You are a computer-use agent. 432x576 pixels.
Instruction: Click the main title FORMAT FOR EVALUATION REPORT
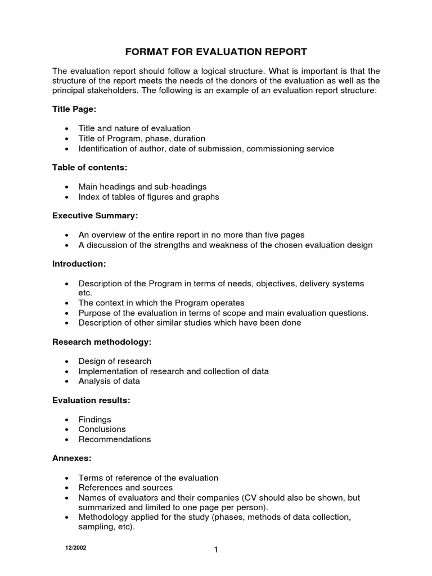pyautogui.click(x=215, y=52)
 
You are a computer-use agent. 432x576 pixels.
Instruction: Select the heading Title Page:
pyautogui.click(x=70, y=109)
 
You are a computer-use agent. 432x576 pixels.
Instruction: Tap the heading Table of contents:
pyautogui.click(x=90, y=167)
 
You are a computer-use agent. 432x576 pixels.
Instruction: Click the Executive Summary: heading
pyautogui.click(x=95, y=215)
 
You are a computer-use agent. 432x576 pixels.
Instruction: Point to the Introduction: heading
pyautogui.click(x=79, y=264)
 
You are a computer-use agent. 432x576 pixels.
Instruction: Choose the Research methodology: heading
pyautogui.click(x=102, y=341)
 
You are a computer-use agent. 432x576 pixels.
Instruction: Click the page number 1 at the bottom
pyautogui.click(x=215, y=550)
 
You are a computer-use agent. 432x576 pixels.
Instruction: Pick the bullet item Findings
pyautogui.click(x=94, y=420)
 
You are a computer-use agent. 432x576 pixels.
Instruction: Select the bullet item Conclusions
pyautogui.click(x=102, y=429)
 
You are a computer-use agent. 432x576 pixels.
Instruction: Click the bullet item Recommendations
pyautogui.click(x=114, y=439)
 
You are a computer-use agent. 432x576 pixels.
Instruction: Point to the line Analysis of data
pyautogui.click(x=109, y=381)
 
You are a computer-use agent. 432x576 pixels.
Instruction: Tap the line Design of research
pyautogui.click(x=115, y=361)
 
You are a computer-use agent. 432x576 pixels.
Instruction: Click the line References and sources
pyautogui.click(x=125, y=488)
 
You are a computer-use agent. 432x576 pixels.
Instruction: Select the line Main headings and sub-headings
pyautogui.click(x=142, y=187)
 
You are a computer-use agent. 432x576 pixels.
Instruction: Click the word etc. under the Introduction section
pyautogui.click(x=85, y=293)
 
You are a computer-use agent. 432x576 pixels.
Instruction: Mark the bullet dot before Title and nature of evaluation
pyautogui.click(x=67, y=129)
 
